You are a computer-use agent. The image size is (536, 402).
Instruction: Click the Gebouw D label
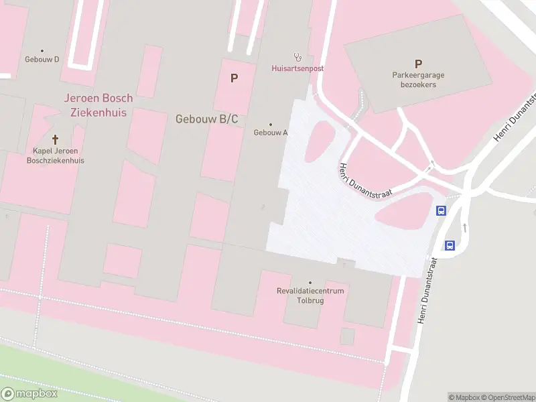pyautogui.click(x=42, y=59)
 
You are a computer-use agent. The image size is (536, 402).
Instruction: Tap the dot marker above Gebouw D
pyautogui.click(x=42, y=50)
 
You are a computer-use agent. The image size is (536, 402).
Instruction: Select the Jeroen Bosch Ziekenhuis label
pyautogui.click(x=98, y=105)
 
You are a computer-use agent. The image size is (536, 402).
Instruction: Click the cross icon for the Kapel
pyautogui.click(x=55, y=140)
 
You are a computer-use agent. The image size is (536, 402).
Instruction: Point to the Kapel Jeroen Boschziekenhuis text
pyautogui.click(x=55, y=155)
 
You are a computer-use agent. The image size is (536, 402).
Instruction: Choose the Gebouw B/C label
pyautogui.click(x=206, y=119)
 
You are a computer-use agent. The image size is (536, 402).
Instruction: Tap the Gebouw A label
pyautogui.click(x=271, y=133)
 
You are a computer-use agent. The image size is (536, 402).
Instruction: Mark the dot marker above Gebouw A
pyautogui.click(x=271, y=124)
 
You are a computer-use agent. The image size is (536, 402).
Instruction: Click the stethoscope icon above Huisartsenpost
pyautogui.click(x=297, y=58)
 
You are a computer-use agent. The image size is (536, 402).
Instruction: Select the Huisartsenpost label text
pyautogui.click(x=297, y=68)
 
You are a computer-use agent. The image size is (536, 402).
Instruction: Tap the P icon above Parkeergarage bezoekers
pyautogui.click(x=418, y=64)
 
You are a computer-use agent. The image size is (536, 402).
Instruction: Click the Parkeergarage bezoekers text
pyautogui.click(x=418, y=80)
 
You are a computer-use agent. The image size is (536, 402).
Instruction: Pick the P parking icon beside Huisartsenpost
pyautogui.click(x=234, y=78)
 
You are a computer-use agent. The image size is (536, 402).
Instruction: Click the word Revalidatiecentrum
pyautogui.click(x=310, y=291)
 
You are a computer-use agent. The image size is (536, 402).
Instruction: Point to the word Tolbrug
pyautogui.click(x=310, y=300)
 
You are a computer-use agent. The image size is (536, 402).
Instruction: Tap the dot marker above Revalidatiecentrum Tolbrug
pyautogui.click(x=310, y=283)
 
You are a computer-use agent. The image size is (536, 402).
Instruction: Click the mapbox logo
pyautogui.click(x=29, y=393)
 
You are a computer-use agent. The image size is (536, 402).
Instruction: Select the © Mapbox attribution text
pyautogui.click(x=464, y=397)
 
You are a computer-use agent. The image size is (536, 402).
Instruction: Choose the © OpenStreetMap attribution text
pyautogui.click(x=508, y=397)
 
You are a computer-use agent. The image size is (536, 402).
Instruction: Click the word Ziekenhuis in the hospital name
pyautogui.click(x=98, y=112)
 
